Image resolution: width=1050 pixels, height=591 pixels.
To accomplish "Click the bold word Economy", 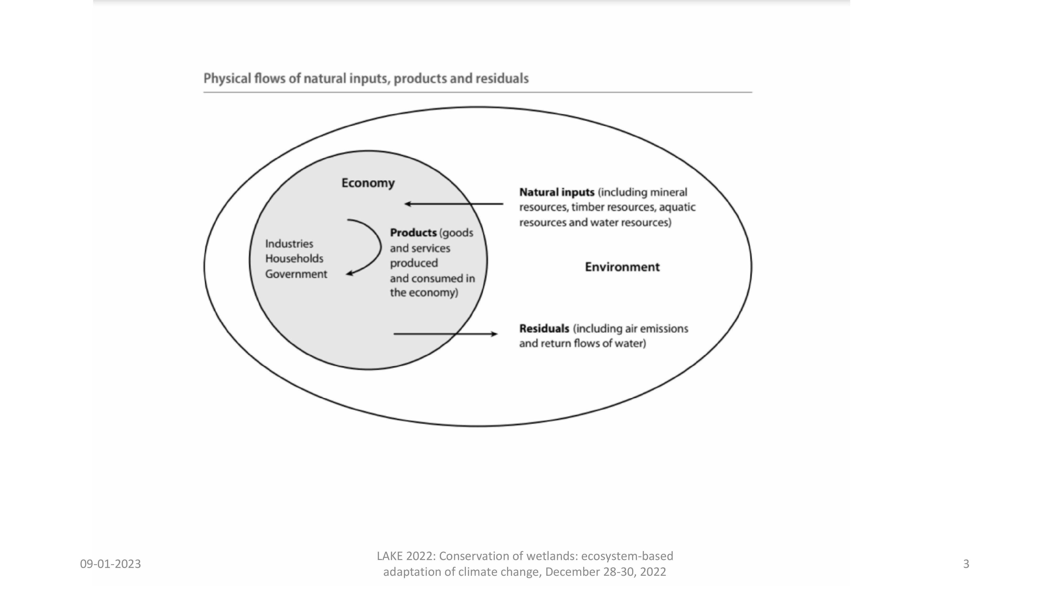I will click(368, 183).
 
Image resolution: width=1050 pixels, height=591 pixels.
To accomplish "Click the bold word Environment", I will click(622, 267).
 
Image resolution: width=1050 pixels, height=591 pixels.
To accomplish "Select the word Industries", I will click(289, 244).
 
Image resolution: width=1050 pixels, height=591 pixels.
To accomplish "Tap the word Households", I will click(294, 258).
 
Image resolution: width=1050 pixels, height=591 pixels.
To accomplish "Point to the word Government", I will click(296, 274).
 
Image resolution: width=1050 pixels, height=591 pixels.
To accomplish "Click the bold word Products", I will click(413, 233).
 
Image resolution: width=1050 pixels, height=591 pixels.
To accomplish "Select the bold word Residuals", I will click(544, 329).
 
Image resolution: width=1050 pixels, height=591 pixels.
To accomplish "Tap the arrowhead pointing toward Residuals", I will click(495, 334).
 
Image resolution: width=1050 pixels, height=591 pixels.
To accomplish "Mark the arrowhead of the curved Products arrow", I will click(349, 274).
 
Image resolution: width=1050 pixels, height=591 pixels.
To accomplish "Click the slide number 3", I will click(966, 564).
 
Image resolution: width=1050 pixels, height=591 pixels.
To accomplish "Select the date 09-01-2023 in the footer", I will click(111, 564).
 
